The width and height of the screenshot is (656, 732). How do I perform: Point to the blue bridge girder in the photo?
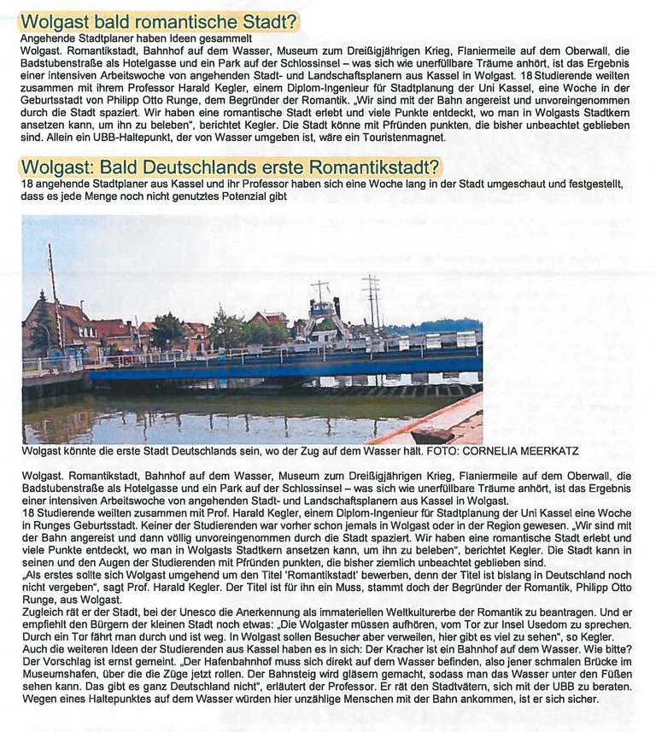[282, 368]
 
